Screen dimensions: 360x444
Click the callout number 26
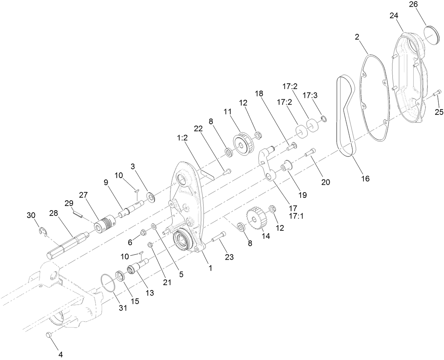click(413, 5)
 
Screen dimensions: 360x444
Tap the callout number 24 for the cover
click(394, 16)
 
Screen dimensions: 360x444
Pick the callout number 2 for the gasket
click(357, 37)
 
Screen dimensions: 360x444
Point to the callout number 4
click(60, 353)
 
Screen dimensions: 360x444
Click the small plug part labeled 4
click(49, 335)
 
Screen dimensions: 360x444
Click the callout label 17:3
click(310, 95)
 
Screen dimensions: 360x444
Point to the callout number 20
click(325, 182)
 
